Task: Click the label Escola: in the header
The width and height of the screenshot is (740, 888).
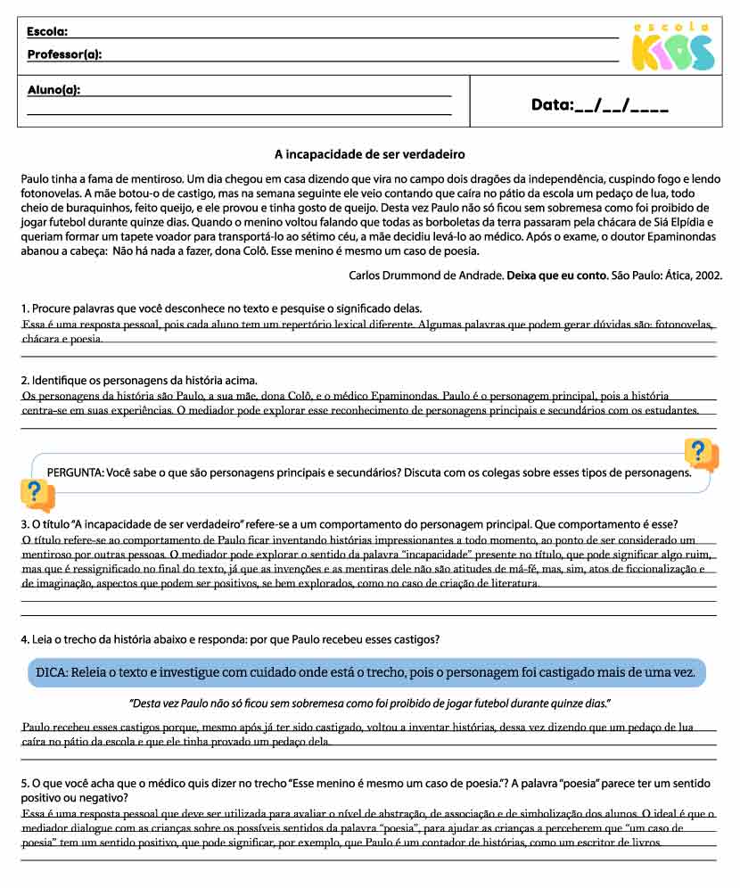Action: [x=47, y=31]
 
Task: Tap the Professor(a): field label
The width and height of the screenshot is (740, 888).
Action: [x=64, y=54]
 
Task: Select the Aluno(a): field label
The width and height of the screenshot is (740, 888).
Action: [x=53, y=89]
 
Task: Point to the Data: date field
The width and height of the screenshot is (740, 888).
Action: [x=599, y=105]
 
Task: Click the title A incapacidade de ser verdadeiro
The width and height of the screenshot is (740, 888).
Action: [x=369, y=154]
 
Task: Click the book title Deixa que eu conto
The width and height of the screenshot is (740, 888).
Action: [x=557, y=275]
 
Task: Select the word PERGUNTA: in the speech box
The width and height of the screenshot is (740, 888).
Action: [x=75, y=472]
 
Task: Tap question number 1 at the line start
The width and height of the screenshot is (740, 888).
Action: [x=24, y=308]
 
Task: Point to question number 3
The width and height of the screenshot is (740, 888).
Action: [x=25, y=523]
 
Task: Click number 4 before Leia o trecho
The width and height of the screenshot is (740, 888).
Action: [x=25, y=639]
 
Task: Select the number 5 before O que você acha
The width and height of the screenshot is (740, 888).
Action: [x=25, y=784]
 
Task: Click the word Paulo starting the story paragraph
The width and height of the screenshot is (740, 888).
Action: [x=36, y=179]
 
